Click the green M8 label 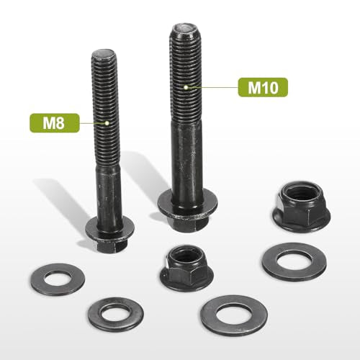pos(55,123)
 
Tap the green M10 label pos(263,87)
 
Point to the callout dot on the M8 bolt pos(107,123)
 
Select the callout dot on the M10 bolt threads pos(186,87)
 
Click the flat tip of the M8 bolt pos(104,53)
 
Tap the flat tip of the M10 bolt pos(185,28)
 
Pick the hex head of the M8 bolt pos(109,246)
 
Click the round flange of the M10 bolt pos(187,204)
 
